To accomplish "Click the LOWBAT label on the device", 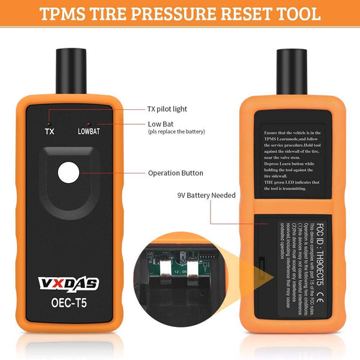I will pos(89,130).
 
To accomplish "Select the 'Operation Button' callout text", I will pos(175,173).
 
